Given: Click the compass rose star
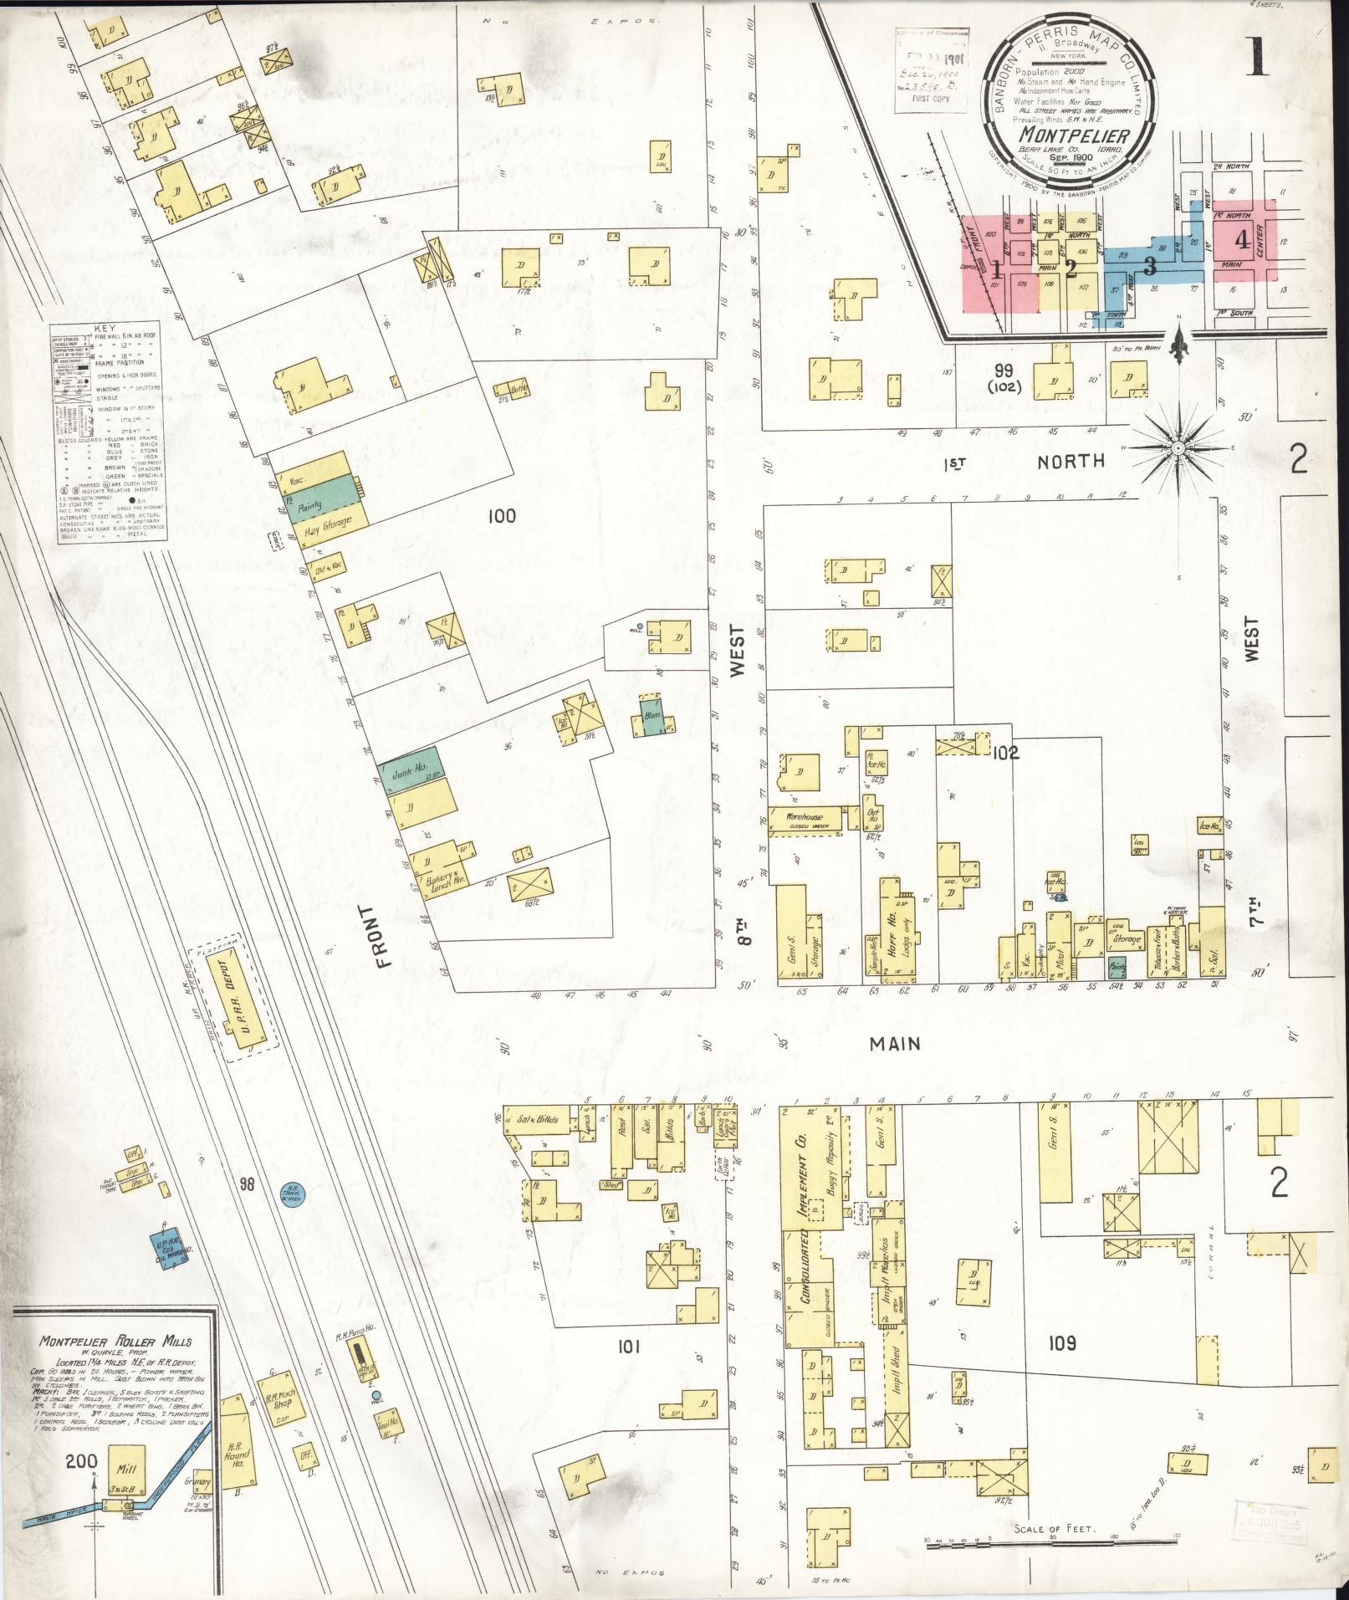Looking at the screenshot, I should click(1177, 448).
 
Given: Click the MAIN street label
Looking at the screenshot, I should click(894, 1044).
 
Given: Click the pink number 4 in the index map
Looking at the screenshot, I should click(1243, 240).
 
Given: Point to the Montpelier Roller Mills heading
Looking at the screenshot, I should click(115, 1341).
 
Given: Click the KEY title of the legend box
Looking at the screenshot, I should click(105, 330).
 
